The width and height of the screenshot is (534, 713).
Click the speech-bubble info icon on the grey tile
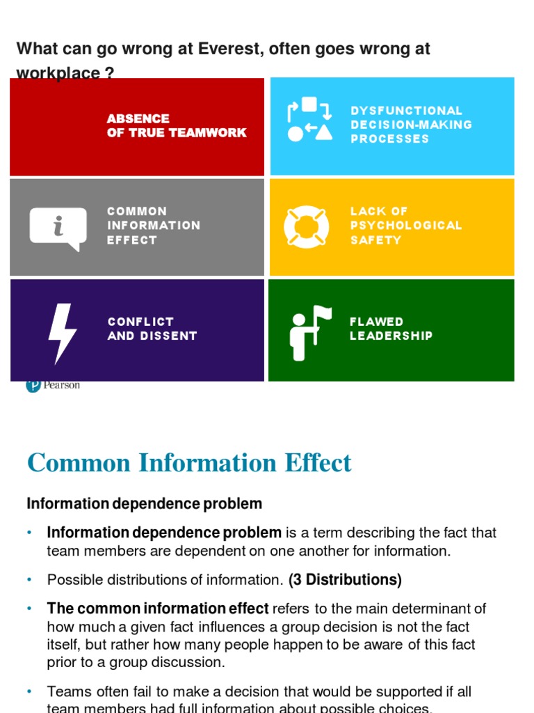pos(58,228)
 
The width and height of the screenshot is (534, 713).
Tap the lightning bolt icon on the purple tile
pos(61,332)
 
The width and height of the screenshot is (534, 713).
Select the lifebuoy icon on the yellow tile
pos(306,226)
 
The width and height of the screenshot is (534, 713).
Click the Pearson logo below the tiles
pos(53,385)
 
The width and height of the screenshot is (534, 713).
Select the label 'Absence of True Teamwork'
pos(177,126)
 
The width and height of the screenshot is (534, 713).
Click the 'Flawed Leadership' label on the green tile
pos(391,329)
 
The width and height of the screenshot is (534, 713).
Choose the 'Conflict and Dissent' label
pos(152,329)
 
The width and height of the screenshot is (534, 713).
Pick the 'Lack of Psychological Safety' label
pos(406,226)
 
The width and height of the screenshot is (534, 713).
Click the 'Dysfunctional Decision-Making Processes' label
pos(411,125)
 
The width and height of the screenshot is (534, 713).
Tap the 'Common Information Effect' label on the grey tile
pos(154,226)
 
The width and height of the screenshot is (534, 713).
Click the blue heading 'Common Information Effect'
pos(189,463)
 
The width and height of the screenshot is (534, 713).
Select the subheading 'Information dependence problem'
pos(145,503)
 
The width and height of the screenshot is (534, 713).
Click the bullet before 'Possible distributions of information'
pos(30,579)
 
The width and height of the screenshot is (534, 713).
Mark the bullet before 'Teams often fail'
pos(30,691)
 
